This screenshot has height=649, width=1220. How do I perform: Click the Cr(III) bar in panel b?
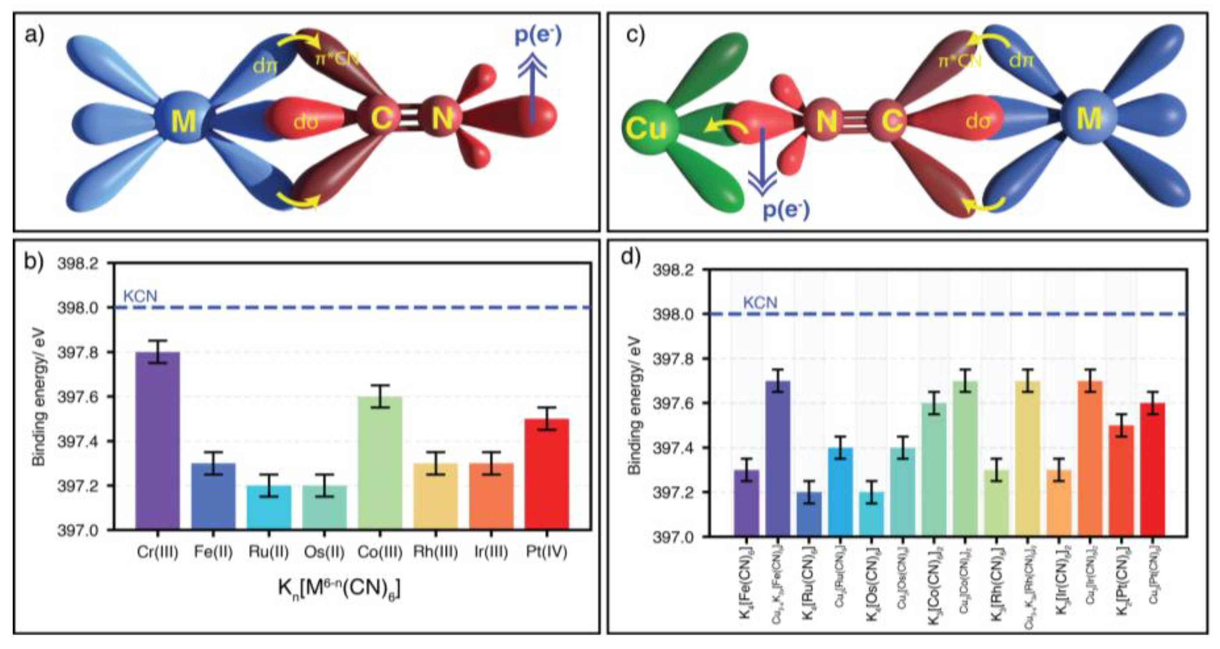point(157,440)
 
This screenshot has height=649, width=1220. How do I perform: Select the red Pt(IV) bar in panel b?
point(546,473)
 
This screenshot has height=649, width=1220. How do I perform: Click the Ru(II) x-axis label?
point(269,552)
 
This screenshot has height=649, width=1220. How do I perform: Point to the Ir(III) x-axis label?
point(491,552)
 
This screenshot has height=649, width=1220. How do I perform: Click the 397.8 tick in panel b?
point(78,352)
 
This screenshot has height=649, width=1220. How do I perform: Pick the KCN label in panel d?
point(760,303)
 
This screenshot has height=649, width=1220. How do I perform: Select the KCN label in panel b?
point(140,296)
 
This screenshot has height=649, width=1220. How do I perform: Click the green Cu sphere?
point(645,128)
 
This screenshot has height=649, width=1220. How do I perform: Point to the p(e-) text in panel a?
point(538,35)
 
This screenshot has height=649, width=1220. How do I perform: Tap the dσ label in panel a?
point(306,122)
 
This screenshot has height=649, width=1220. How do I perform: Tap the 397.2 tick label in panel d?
point(673,493)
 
